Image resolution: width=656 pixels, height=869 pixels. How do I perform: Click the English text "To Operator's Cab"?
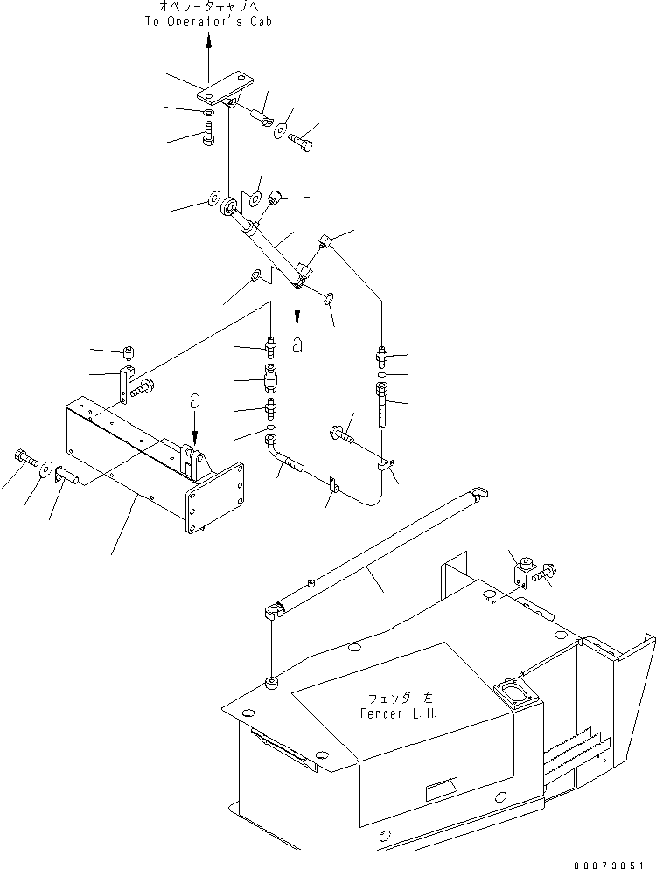pos(208,21)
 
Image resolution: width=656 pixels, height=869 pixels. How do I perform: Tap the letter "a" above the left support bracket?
pos(194,401)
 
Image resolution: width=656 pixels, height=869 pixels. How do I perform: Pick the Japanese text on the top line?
pos(208,7)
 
